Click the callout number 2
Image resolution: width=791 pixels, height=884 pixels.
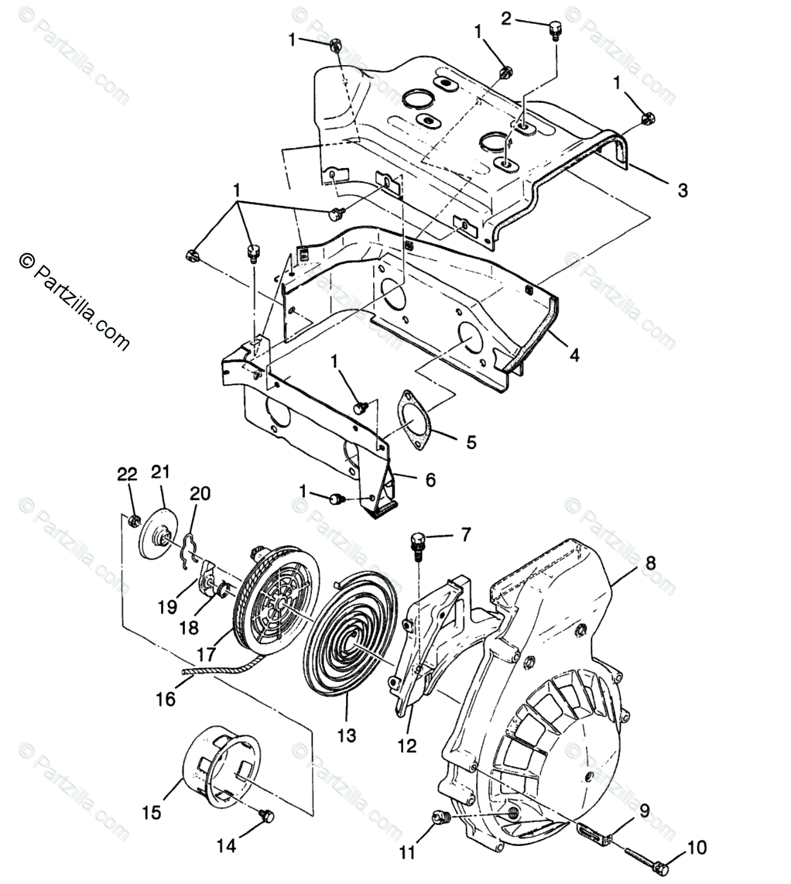pyautogui.click(x=506, y=19)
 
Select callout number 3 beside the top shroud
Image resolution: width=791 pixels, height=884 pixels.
pyautogui.click(x=682, y=190)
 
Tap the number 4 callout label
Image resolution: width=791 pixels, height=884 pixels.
pyautogui.click(x=574, y=355)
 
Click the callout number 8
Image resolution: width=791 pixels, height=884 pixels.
pyautogui.click(x=650, y=564)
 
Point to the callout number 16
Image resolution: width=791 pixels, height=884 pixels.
pyautogui.click(x=165, y=699)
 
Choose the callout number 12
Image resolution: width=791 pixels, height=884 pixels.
pyautogui.click(x=406, y=745)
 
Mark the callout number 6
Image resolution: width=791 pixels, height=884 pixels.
pyautogui.click(x=430, y=480)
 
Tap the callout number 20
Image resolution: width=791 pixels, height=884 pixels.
pyautogui.click(x=200, y=493)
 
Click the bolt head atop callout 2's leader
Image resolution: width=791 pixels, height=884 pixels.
pyautogui.click(x=555, y=32)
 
